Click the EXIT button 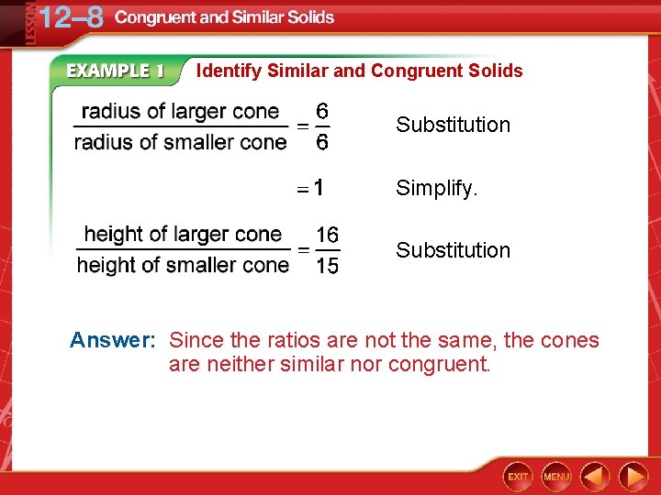click(519, 476)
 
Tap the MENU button click(556, 476)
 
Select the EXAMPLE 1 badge click(115, 71)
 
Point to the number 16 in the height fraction click(327, 236)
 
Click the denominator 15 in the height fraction click(327, 266)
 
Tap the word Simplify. click(437, 188)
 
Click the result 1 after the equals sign click(317, 188)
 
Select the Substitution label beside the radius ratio click(453, 125)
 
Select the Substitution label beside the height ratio click(453, 250)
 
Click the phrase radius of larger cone click(181, 112)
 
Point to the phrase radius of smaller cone click(181, 142)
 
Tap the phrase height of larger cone click(183, 235)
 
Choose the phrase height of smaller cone click(183, 265)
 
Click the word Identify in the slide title click(230, 71)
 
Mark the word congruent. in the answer click(443, 365)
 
